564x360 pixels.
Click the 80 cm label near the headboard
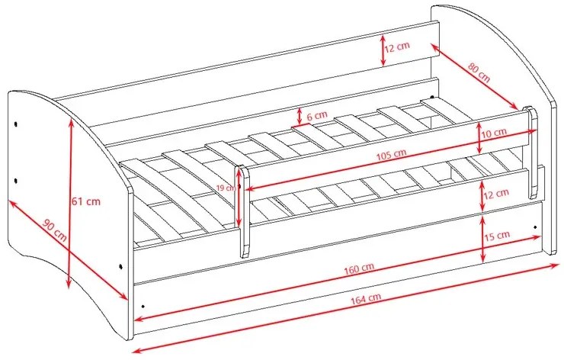pyautogui.click(x=479, y=73)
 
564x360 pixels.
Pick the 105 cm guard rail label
pyautogui.click(x=390, y=153)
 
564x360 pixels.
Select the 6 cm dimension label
pyautogui.click(x=317, y=115)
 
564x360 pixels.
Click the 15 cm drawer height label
pyautogui.click(x=498, y=235)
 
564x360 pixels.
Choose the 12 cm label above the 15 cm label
pyautogui.click(x=497, y=194)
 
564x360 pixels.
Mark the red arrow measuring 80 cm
pyautogui.click(x=474, y=76)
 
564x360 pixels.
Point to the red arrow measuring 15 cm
pyautogui.click(x=482, y=236)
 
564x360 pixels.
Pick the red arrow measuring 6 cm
pyautogui.click(x=300, y=115)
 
